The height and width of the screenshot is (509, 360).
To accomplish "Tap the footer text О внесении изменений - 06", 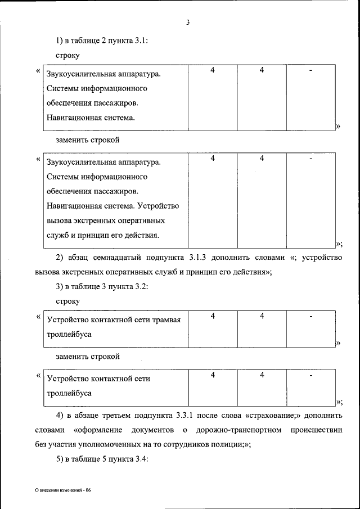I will click(x=62, y=490).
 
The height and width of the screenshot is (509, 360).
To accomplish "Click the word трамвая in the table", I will click(x=167, y=320).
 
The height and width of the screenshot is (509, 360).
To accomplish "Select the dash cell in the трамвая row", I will click(x=310, y=317).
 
